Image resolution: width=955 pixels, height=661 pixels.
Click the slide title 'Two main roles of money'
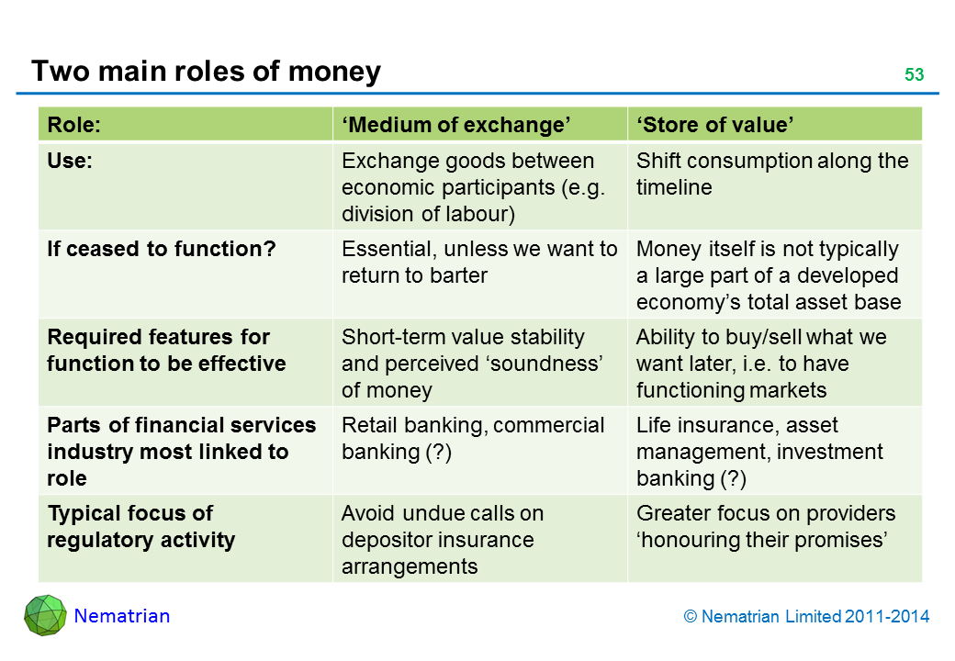206,71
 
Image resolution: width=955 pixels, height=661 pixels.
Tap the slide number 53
914,75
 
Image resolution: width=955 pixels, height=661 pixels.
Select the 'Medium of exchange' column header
456,125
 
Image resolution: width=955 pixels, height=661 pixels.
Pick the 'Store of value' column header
715,125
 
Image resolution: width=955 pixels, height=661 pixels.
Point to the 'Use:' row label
70,162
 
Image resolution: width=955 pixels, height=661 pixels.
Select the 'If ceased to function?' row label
162,250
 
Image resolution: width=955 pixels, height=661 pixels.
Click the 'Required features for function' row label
166,351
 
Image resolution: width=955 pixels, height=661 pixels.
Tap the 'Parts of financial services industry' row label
181,452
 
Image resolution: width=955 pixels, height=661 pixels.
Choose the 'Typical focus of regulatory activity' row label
140,526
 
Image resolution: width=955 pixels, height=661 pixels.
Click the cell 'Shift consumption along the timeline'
771,174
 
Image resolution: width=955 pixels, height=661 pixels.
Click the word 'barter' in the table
456,276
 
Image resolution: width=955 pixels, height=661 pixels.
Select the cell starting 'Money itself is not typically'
769,275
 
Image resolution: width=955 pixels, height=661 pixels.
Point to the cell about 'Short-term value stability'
471,364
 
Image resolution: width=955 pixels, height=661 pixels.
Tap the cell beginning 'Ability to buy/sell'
760,364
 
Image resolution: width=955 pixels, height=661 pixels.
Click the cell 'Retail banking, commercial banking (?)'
473,439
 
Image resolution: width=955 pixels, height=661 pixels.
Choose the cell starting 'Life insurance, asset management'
759,452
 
